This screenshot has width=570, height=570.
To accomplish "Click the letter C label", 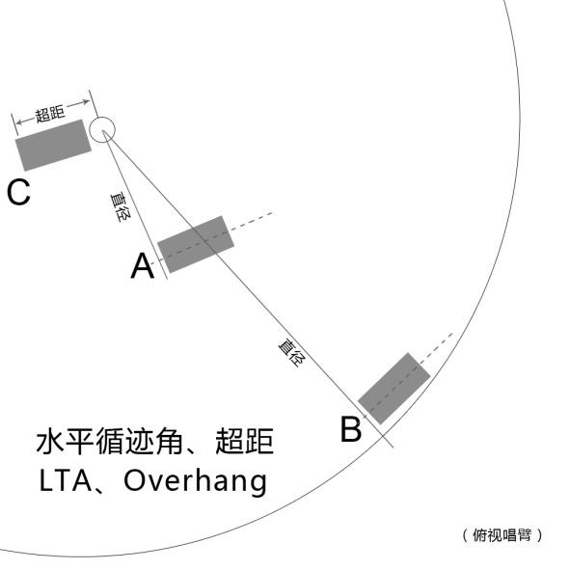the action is coord(18,192).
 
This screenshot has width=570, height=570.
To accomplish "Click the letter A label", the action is coord(143,266).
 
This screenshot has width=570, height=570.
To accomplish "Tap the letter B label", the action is coord(351,429).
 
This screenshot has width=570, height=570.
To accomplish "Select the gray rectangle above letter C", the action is coord(53,145).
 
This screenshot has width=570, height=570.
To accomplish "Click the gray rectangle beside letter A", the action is coord(196,244).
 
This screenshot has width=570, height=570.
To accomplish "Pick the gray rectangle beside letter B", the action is coord(394,389).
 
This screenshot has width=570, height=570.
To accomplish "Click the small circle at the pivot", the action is coord(102,130).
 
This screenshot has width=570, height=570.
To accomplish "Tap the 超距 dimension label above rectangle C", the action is coord(50,114).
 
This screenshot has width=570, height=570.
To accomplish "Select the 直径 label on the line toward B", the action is coord(292,352).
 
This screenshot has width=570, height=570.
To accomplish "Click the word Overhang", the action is coord(196,481).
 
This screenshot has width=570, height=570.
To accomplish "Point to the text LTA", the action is coord(66,481).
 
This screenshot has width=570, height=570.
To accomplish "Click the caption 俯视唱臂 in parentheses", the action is coord(502,535).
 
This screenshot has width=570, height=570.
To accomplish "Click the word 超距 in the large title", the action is coord(245,442).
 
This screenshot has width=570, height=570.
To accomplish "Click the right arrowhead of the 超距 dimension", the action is coord(86,102).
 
